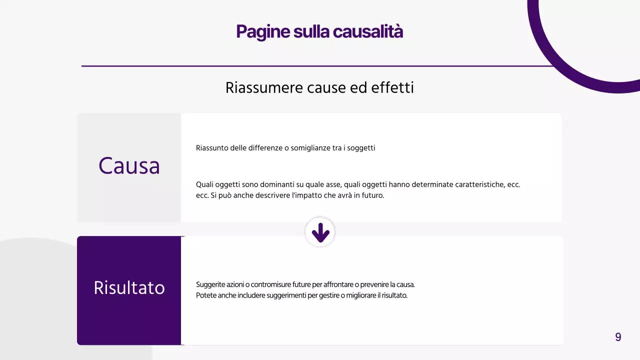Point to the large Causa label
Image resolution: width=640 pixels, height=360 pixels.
tap(129, 166)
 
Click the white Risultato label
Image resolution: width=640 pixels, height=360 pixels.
tap(129, 288)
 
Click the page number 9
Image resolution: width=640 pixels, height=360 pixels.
tap(618, 337)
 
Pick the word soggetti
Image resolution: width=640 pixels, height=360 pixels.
tap(360, 148)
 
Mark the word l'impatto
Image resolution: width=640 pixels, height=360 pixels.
tap(306, 195)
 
